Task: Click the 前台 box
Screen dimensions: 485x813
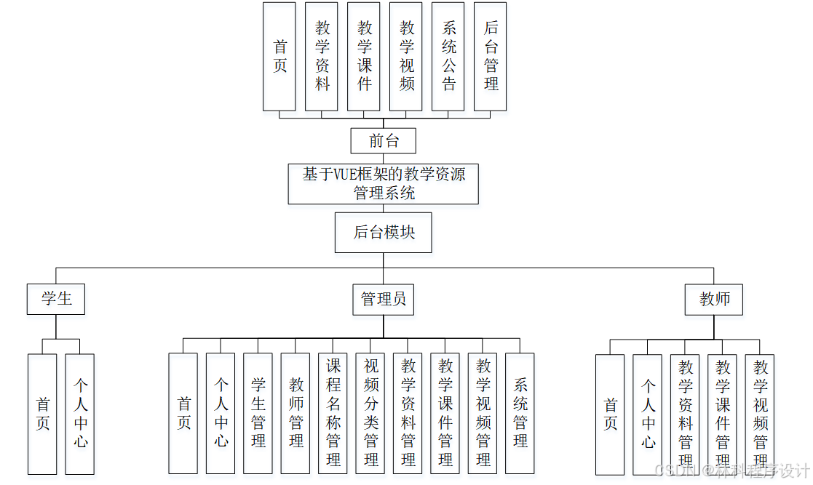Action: click(x=384, y=140)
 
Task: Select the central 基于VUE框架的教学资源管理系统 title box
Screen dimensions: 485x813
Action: click(x=384, y=183)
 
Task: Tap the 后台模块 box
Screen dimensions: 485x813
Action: click(x=384, y=233)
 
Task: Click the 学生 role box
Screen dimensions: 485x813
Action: click(x=56, y=299)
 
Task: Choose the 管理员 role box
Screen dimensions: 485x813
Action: click(x=384, y=299)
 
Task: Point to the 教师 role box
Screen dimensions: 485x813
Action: click(x=714, y=299)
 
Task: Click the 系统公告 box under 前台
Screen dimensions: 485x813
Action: click(x=448, y=56)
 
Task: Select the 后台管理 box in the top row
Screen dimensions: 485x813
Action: click(x=491, y=56)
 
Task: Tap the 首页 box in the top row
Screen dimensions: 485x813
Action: click(x=279, y=56)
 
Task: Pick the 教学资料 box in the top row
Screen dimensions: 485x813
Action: click(x=322, y=56)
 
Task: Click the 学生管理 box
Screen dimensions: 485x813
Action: click(x=258, y=413)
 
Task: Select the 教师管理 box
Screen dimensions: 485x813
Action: click(x=296, y=413)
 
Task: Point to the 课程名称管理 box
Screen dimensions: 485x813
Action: click(x=333, y=413)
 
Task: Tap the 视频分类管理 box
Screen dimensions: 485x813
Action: click(x=370, y=413)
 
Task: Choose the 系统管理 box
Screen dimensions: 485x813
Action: click(x=520, y=413)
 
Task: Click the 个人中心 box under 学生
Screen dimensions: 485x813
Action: click(x=80, y=413)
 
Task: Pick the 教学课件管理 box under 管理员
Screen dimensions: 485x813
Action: click(x=445, y=413)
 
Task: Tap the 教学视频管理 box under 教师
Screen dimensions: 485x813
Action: click(x=760, y=413)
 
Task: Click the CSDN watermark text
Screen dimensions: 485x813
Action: click(x=674, y=470)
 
